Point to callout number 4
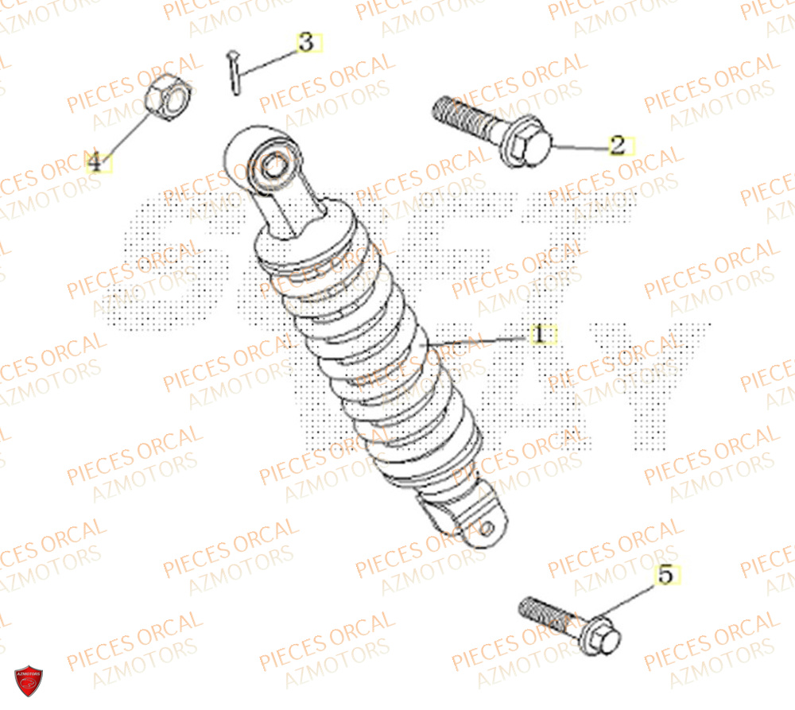[95, 163]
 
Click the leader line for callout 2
[580, 147]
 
